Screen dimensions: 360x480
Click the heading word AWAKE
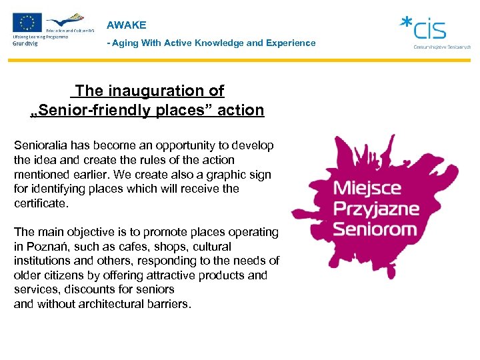[126, 25]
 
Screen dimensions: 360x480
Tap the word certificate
[41, 203]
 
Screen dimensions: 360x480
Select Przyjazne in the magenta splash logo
[377, 209]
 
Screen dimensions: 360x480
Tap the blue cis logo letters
[429, 29]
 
